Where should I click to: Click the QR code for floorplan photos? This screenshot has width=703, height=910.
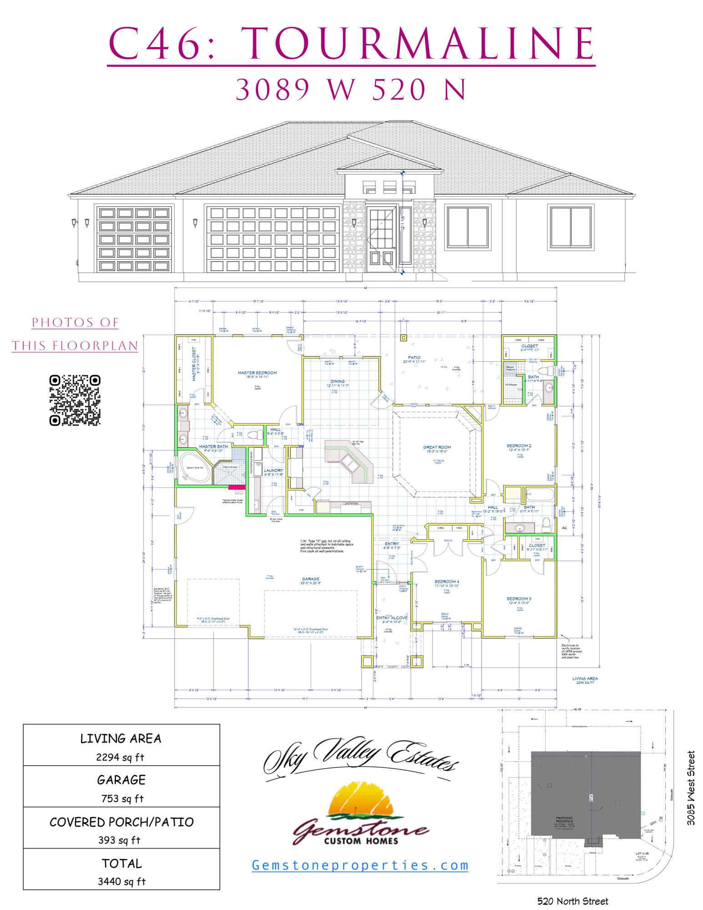pos(75,400)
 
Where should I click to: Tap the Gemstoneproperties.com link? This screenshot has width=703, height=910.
pos(360,865)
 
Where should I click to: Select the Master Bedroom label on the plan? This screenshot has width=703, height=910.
pos(257,373)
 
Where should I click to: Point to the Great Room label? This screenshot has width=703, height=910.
pos(437,447)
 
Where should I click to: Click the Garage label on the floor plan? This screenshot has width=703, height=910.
pos(310,579)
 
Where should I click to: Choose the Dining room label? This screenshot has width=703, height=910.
pos(338,381)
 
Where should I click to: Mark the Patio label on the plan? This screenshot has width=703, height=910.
pos(414,358)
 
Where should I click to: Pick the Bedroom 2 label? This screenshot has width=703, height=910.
pos(519,446)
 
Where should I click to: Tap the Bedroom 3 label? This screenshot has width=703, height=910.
pos(519,599)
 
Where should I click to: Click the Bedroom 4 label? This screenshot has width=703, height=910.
pos(447,581)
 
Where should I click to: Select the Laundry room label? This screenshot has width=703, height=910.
pos(273,470)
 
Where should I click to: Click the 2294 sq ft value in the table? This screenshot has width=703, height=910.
pos(120,757)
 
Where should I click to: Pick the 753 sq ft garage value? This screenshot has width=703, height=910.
pos(122,799)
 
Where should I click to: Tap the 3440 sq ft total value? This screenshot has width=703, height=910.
pos(121,881)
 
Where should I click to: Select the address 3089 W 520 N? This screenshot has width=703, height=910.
pos(351,89)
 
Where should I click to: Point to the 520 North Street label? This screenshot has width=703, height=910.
pos(572,901)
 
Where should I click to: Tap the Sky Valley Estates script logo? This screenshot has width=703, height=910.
pos(361,755)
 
